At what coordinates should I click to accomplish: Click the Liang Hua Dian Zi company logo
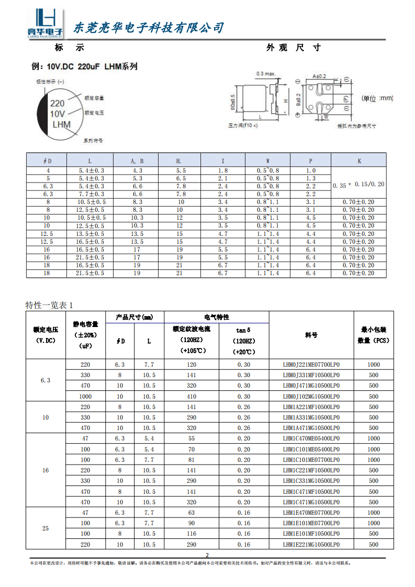(x=44, y=24)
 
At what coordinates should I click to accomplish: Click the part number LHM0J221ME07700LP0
(x=311, y=364)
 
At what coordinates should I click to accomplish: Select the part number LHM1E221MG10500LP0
(x=311, y=545)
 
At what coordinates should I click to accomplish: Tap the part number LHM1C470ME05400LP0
(x=311, y=438)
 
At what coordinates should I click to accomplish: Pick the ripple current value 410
(x=191, y=396)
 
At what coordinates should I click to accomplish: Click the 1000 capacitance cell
(x=85, y=396)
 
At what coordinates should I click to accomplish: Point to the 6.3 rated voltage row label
(x=46, y=380)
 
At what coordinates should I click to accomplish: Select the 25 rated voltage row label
(x=46, y=528)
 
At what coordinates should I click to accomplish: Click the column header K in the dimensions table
(x=359, y=161)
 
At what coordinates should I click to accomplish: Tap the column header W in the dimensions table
(x=268, y=161)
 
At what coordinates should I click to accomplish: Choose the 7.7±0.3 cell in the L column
(x=91, y=194)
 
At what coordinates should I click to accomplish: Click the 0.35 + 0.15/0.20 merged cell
(x=359, y=184)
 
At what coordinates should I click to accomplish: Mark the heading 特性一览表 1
(x=50, y=306)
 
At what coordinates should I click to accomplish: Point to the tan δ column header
(x=243, y=330)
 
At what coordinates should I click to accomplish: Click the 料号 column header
(x=311, y=335)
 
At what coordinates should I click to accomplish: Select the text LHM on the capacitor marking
(x=61, y=125)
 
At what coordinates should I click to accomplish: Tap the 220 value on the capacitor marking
(x=57, y=103)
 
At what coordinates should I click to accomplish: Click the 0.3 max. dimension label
(x=266, y=74)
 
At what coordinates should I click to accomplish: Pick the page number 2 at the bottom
(x=207, y=555)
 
